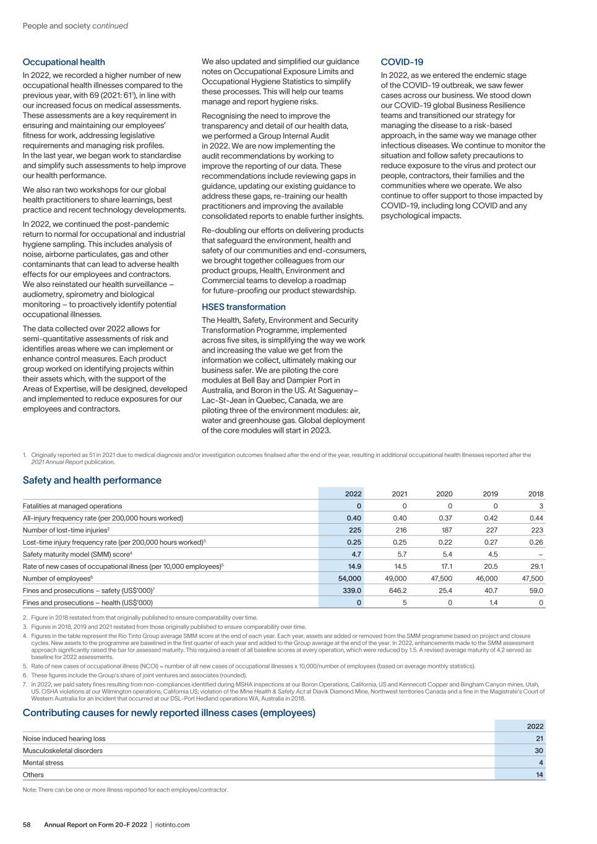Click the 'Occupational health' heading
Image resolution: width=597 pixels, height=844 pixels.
(x=64, y=62)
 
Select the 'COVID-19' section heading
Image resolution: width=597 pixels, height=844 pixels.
(x=402, y=62)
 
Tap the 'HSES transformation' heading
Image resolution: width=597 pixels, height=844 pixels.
(x=244, y=307)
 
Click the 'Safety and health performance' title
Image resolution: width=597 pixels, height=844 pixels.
(x=92, y=480)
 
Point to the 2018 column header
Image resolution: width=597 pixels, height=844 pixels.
(x=536, y=494)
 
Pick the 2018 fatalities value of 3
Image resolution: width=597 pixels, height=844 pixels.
(x=541, y=506)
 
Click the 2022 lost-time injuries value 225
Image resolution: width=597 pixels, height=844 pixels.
(x=354, y=530)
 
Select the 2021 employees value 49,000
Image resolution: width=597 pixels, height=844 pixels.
(x=396, y=578)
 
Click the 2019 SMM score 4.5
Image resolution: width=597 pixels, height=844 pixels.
(x=492, y=554)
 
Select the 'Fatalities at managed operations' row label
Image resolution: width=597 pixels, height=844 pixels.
(x=72, y=506)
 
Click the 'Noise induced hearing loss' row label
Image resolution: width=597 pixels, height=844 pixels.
(x=64, y=738)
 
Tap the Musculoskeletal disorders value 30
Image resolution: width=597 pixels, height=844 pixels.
(x=539, y=751)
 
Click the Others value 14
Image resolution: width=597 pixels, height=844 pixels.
(x=539, y=775)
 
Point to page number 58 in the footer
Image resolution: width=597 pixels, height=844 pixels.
(x=27, y=825)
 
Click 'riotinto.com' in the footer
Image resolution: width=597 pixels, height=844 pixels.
(x=173, y=825)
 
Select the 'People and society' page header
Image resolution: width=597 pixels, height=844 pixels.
(x=56, y=26)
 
